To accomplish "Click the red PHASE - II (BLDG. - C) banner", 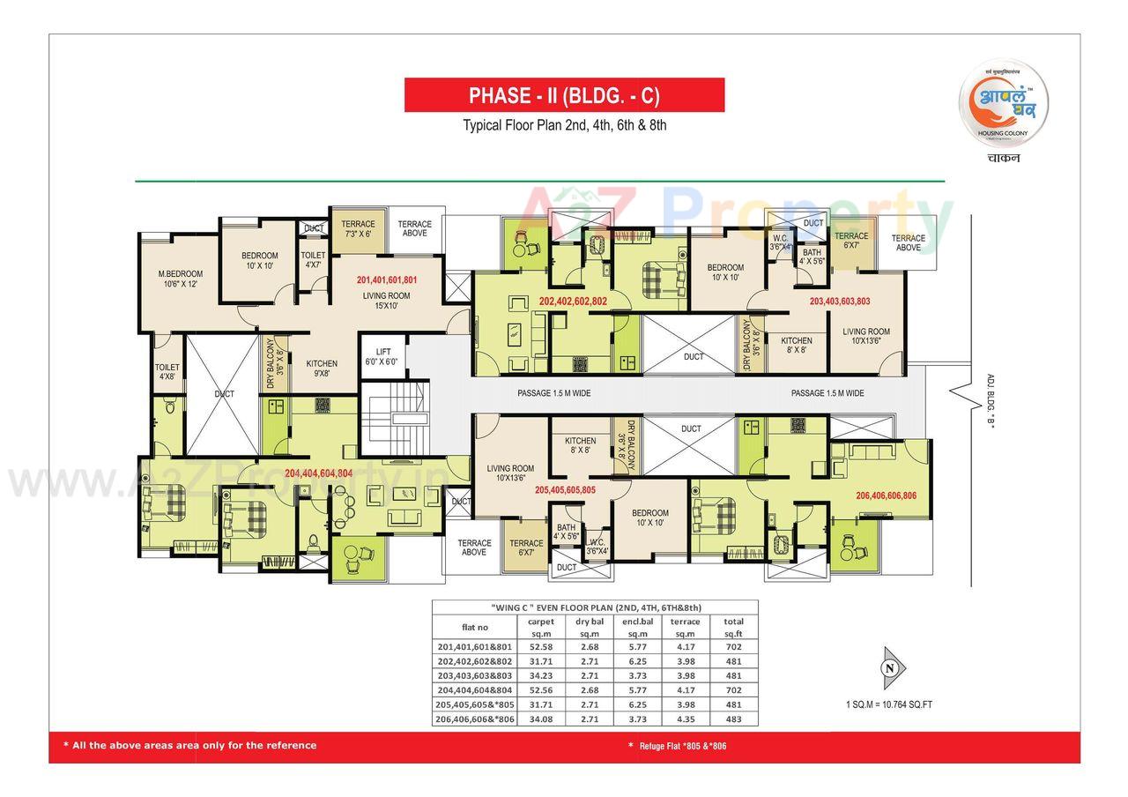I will [x=564, y=95].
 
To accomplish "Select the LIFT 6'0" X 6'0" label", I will [x=382, y=356].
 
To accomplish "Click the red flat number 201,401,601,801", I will [x=387, y=279].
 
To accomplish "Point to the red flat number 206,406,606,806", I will [x=886, y=495].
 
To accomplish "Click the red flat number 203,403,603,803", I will [x=839, y=301].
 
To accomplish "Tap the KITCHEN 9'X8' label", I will [x=322, y=368].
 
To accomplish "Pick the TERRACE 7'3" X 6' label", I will [x=358, y=228].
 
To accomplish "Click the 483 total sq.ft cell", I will [x=733, y=719].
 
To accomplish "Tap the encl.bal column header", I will [x=637, y=627].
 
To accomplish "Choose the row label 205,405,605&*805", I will [x=474, y=704].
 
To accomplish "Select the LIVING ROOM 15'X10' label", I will [x=386, y=301].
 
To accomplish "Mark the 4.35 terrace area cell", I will [x=685, y=719].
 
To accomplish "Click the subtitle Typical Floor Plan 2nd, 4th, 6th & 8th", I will [x=565, y=125].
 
